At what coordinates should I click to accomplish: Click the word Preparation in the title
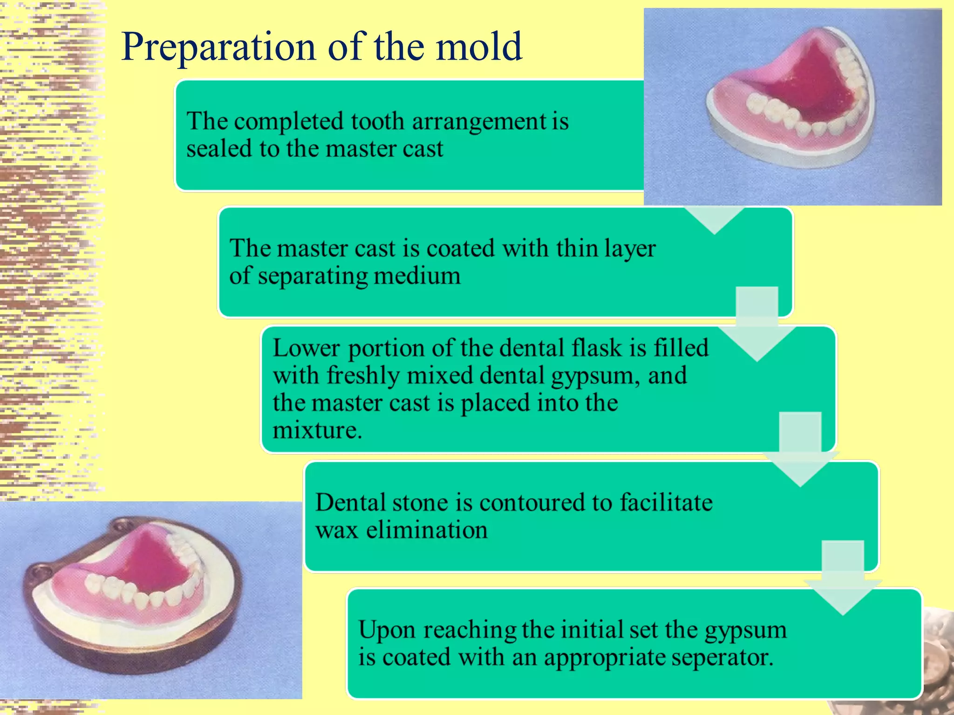218,47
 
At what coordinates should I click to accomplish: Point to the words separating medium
359,276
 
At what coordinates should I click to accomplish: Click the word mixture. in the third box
317,430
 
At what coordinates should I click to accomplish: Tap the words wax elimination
401,530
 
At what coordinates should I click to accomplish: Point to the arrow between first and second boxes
714,219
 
